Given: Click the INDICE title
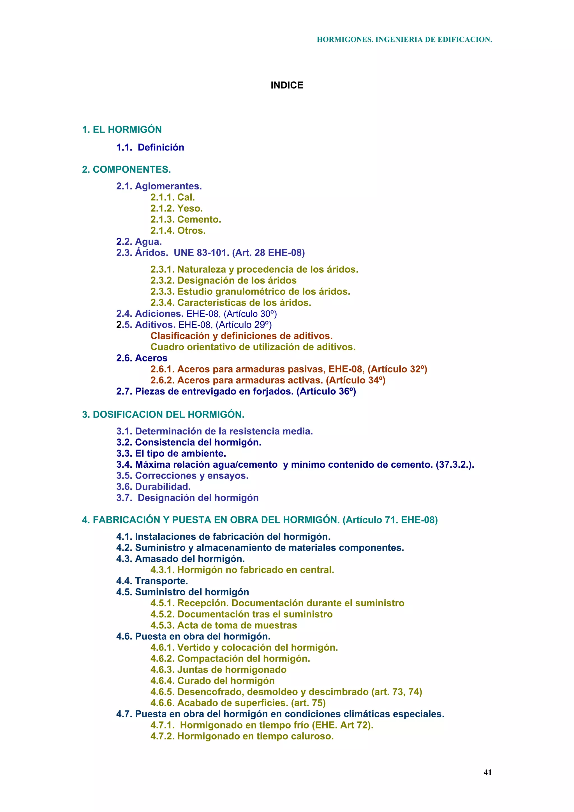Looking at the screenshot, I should (x=287, y=85).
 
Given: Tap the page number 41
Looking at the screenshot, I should (x=487, y=772).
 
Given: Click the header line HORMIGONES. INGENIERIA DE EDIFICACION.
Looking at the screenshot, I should (x=404, y=40).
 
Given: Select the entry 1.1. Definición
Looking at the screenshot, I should (x=150, y=147).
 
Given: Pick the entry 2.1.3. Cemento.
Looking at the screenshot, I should (x=186, y=220).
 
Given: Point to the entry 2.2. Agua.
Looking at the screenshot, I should (x=139, y=242).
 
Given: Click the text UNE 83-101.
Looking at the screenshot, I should (x=202, y=253).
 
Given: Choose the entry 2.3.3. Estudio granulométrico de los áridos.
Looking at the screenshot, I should (x=250, y=292).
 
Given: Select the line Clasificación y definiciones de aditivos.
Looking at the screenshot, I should (x=242, y=336).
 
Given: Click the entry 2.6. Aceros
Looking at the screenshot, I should (x=142, y=358).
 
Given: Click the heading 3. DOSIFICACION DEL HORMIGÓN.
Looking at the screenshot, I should (x=163, y=414).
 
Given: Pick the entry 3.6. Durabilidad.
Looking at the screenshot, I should (x=154, y=487).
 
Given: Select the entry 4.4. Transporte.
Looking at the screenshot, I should (x=152, y=581).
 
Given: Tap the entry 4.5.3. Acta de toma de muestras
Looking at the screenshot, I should (x=223, y=625).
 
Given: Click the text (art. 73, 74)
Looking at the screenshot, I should (x=397, y=692).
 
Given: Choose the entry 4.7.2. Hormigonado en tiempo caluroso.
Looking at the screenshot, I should (x=242, y=736).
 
